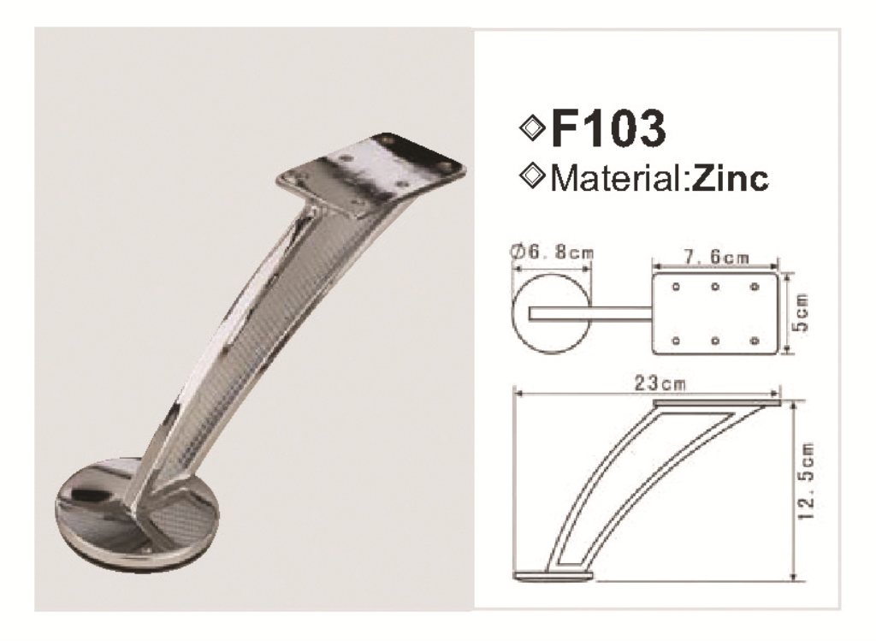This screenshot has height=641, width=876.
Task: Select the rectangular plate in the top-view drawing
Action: [x=716, y=314]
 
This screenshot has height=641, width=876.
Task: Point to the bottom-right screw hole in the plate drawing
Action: [x=754, y=341]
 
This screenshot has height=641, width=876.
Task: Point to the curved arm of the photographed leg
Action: [x=248, y=342]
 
